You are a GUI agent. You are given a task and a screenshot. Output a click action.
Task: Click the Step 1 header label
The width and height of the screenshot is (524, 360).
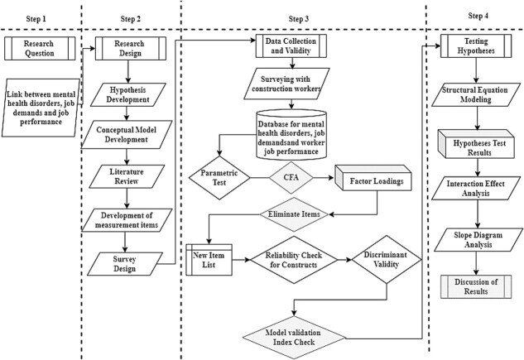point(36,19)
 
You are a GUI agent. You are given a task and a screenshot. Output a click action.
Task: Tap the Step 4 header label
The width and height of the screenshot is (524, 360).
point(478,16)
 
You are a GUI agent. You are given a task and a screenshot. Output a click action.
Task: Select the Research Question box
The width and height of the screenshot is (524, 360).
point(40,49)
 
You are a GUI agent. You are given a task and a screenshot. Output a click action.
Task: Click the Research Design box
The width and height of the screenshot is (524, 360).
point(131,49)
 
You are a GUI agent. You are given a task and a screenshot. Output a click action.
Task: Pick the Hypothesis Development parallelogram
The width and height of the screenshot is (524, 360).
point(128,95)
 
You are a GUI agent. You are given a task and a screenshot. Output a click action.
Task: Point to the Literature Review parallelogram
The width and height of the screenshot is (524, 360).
point(127,176)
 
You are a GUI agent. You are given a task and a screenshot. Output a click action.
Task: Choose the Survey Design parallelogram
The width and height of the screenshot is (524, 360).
point(125,264)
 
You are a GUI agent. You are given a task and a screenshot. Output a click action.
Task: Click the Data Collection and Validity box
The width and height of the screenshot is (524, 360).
point(291,46)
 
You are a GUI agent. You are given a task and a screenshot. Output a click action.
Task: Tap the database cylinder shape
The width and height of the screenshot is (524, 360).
point(291,135)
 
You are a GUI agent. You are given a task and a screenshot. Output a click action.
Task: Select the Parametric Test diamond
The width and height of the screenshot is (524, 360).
point(219,178)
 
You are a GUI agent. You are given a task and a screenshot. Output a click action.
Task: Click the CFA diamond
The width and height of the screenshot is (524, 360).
point(291,178)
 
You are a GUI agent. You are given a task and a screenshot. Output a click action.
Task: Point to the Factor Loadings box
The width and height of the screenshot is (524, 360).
point(373,178)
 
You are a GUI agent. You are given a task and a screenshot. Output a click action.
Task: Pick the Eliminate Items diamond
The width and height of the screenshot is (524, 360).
point(294,214)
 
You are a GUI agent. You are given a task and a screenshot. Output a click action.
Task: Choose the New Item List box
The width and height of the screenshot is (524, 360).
point(209,260)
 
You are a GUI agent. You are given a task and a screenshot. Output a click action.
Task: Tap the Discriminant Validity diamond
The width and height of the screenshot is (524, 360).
point(387,260)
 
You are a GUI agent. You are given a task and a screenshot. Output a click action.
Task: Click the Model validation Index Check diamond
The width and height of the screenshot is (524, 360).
point(294,338)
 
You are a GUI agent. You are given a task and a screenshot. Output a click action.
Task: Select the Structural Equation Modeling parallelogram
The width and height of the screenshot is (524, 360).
point(476,95)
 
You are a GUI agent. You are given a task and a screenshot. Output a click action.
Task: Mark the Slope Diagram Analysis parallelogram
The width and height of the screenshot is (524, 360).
point(478,240)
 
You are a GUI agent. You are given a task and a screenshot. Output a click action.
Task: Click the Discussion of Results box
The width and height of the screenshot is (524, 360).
point(476,286)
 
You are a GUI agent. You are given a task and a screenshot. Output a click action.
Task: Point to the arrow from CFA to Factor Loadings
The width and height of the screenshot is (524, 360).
point(324,178)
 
